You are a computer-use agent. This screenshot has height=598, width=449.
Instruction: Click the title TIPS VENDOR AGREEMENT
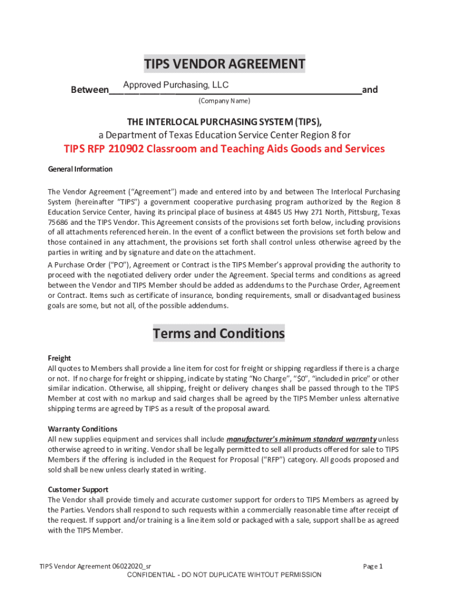tap(224, 64)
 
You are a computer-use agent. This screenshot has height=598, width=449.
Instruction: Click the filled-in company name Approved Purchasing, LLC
tap(176, 85)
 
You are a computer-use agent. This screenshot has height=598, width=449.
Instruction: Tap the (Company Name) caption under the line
tap(224, 101)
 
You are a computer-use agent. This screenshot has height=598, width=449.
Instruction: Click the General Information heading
tap(80, 169)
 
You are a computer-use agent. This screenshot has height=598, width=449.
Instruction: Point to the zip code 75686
tap(58, 222)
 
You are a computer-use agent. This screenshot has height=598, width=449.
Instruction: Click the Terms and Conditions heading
tap(219, 334)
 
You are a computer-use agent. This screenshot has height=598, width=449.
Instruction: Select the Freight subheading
tap(59, 358)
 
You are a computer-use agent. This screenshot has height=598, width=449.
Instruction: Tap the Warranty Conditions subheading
tap(82, 429)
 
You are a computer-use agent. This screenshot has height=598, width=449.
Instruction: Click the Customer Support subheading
tap(78, 489)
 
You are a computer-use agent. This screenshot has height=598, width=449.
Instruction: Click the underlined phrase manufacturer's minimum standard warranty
tap(301, 439)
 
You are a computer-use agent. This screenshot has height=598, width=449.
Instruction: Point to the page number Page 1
tap(373, 566)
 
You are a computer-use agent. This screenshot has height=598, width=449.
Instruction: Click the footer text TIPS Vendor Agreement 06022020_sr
tap(95, 566)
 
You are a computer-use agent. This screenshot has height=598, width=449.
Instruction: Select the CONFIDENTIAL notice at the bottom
tap(224, 575)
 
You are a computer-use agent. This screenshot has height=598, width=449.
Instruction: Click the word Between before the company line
tap(89, 91)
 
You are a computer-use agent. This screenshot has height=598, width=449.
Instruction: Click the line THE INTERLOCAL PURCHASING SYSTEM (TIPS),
tap(224, 122)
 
